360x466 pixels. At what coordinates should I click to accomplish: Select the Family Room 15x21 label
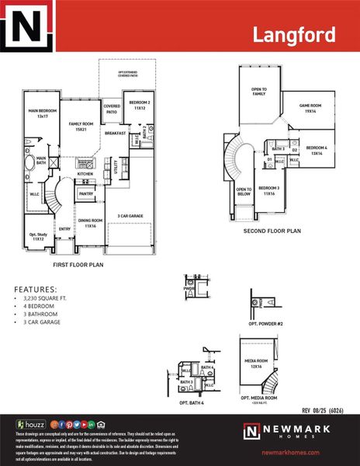(81, 127)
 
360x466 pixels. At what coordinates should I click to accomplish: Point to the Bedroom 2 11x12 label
(139, 106)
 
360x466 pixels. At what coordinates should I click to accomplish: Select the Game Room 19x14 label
(310, 109)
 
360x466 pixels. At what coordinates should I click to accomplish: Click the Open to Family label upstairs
(258, 91)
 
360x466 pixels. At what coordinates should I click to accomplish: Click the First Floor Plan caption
(78, 265)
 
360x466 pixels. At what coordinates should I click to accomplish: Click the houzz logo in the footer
(30, 424)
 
